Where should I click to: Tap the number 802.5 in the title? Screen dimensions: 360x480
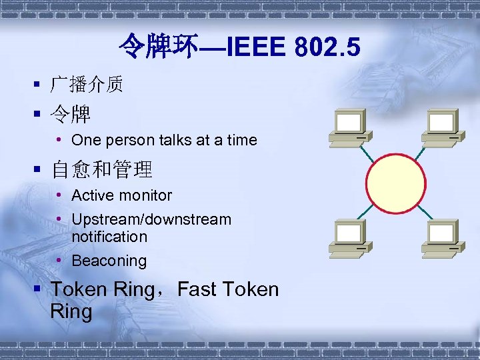click(327, 47)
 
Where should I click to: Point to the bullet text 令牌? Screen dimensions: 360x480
click(71, 114)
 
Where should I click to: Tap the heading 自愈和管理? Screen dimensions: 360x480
click(102, 169)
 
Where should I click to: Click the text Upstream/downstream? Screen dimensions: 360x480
click(151, 219)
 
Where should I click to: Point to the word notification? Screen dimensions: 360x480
click(109, 237)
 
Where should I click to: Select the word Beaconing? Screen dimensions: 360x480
click(109, 261)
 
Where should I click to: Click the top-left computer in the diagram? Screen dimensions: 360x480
click(349, 127)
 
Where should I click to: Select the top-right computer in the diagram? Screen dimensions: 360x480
click(442, 127)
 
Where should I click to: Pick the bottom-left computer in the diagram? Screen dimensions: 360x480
click(349, 237)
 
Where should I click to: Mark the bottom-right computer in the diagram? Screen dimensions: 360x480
click(442, 237)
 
